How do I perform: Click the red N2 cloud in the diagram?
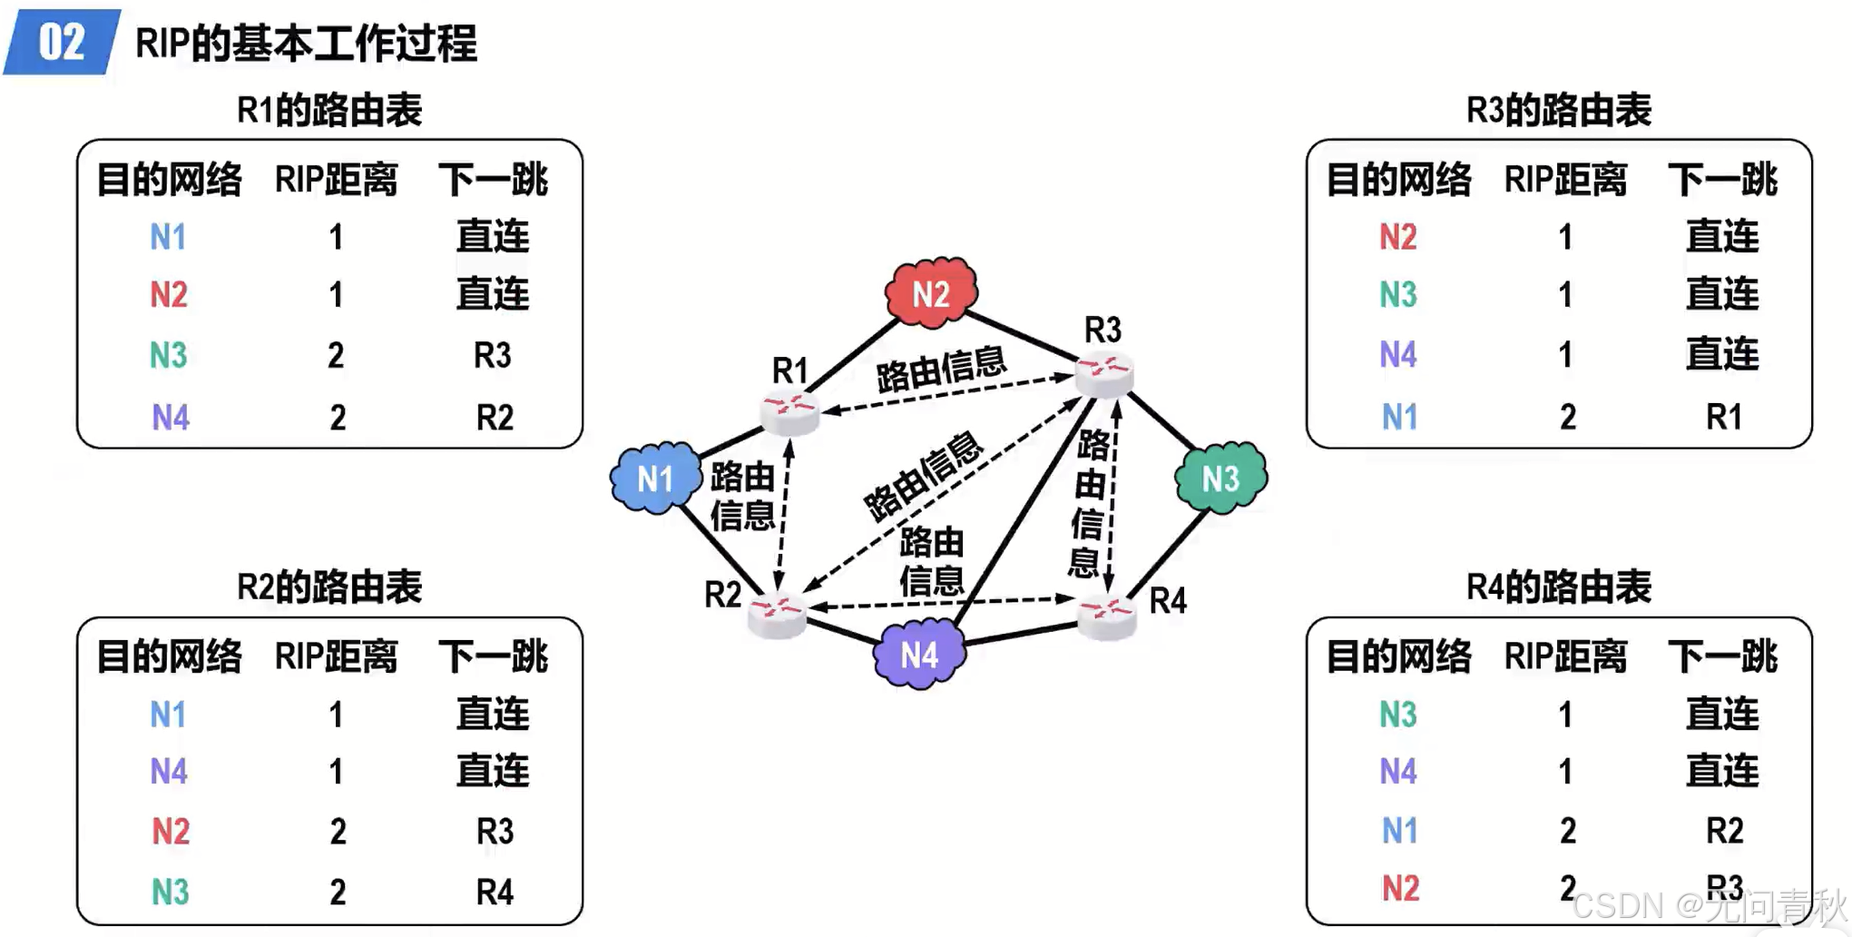(x=931, y=293)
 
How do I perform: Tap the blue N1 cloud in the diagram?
(x=655, y=478)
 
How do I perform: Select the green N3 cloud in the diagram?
(x=1220, y=478)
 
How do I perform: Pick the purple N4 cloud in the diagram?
(x=918, y=654)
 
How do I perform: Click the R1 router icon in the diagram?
(x=789, y=411)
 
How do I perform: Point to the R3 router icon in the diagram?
(x=1104, y=372)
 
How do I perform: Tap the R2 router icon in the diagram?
(x=778, y=614)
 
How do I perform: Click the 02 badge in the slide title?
(x=62, y=42)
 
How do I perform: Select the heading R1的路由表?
(x=329, y=110)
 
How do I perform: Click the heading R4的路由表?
(x=1558, y=587)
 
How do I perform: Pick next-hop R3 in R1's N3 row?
(x=493, y=355)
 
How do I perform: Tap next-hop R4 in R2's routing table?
(x=495, y=892)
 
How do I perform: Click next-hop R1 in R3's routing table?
(x=1723, y=417)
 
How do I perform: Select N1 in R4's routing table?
(x=1398, y=830)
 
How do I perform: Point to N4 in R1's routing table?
(x=170, y=417)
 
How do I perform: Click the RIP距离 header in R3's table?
(x=1565, y=180)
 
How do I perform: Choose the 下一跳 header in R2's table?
(x=493, y=656)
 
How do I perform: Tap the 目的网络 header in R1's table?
(x=170, y=180)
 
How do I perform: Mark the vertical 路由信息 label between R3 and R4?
(x=1089, y=504)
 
